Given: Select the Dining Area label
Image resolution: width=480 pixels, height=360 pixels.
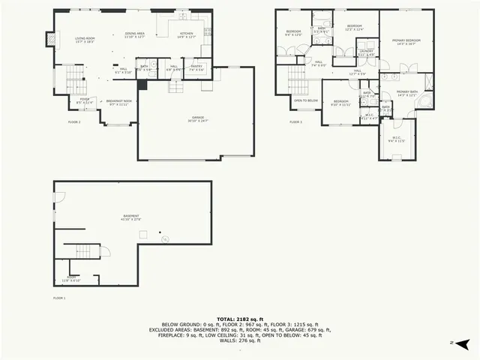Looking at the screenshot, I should point(134,34).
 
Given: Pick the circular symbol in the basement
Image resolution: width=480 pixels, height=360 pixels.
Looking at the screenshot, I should point(165,239).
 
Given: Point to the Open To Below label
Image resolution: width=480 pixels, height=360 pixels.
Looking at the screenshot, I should point(305,100).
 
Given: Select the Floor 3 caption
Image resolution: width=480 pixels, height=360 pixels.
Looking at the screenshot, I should point(295,121).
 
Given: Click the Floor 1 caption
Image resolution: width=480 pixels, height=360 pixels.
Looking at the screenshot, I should point(59,298).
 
